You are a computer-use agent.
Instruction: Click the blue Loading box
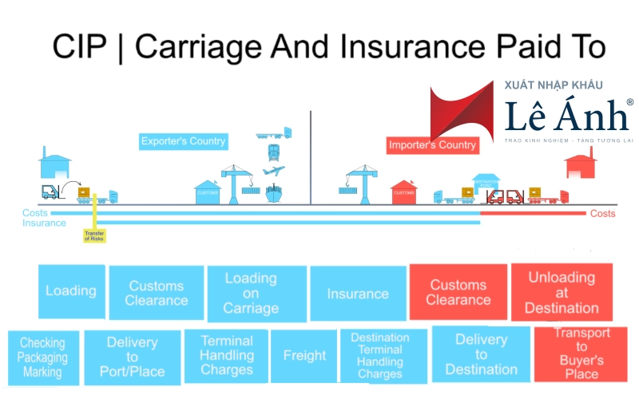(71, 291)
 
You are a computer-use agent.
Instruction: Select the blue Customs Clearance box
(157, 293)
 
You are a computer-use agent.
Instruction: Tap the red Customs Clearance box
(458, 292)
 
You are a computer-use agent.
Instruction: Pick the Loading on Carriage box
(251, 294)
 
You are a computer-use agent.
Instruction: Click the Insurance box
(357, 294)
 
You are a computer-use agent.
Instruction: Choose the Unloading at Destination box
(562, 292)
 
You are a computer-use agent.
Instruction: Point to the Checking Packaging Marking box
(44, 358)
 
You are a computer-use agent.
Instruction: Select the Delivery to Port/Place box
(132, 356)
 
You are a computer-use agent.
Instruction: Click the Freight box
(304, 356)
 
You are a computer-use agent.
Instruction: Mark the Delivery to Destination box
(482, 354)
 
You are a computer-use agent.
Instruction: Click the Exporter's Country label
(183, 141)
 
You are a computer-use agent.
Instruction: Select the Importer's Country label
(432, 145)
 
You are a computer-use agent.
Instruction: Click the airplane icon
(273, 171)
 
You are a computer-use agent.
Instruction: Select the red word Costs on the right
(603, 214)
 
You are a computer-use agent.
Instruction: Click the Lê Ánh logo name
(567, 117)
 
